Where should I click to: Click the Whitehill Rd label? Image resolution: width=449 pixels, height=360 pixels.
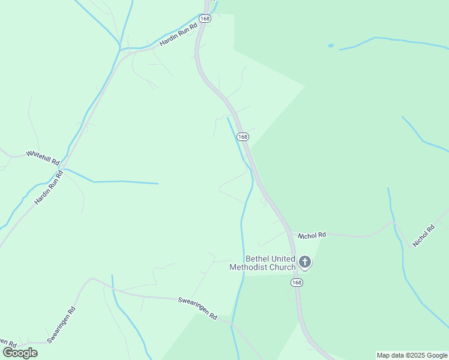coord(43,158)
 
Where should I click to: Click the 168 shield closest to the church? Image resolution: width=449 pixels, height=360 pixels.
coord(297,282)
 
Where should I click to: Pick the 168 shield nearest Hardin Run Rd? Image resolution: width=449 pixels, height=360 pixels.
coord(205,19)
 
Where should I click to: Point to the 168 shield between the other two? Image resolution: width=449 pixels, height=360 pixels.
coord(242,137)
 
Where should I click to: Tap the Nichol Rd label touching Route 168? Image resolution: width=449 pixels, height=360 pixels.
coord(312,235)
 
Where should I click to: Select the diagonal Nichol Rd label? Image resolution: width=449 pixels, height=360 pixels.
coord(423,236)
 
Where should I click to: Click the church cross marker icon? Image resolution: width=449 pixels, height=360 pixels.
coord(305,262)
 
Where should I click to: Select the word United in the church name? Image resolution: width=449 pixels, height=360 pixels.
coord(278,259)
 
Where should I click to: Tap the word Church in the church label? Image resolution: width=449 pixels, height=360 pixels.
coord(282,267)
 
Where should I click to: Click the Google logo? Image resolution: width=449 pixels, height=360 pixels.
coord(20,353)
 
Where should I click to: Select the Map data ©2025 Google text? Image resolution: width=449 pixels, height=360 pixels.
coord(412,355)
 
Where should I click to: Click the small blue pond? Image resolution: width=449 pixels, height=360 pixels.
coord(330,45)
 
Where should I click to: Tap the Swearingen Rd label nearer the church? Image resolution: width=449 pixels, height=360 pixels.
coord(197,306)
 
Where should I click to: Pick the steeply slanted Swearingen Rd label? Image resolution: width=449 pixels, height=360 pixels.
coord(62,325)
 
